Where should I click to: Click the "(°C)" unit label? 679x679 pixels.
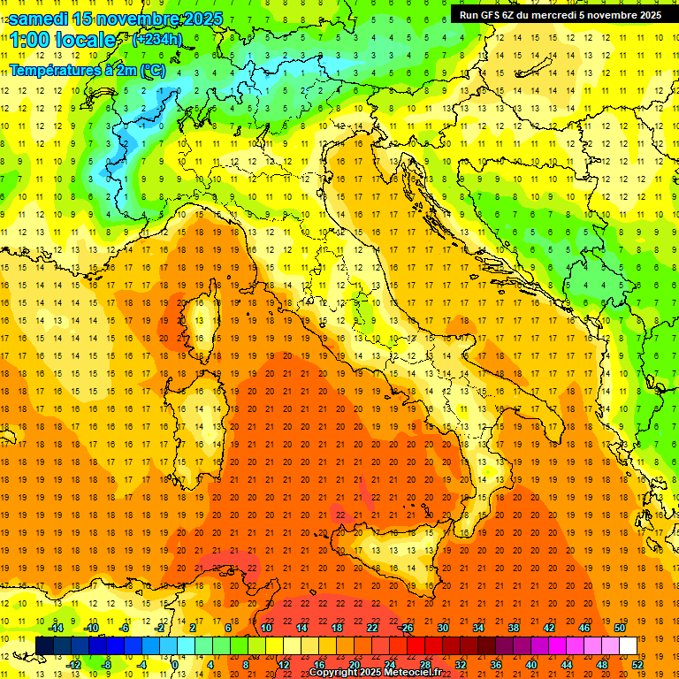tap(152, 70)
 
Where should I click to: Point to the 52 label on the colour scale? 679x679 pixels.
tap(637, 665)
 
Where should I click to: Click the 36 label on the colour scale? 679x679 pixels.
tap(496, 665)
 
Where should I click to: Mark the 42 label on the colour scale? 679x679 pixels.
tap(549, 628)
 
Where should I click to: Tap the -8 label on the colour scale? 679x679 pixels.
tap(107, 665)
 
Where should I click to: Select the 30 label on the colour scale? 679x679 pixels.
tap(443, 628)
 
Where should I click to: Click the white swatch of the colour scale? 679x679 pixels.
tap(628, 646)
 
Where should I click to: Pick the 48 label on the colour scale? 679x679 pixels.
tap(602, 665)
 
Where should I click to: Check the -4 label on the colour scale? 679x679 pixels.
tap(142, 665)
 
